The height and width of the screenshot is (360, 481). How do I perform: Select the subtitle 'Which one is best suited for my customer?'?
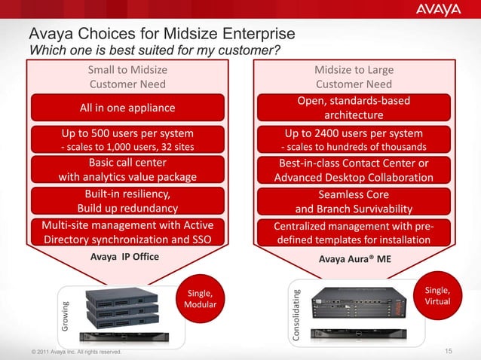(x=155, y=50)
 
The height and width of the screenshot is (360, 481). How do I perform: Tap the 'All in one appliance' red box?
(x=127, y=108)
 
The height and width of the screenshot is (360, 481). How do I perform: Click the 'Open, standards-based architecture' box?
(x=354, y=108)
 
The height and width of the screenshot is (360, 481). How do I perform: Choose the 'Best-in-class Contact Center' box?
(x=354, y=170)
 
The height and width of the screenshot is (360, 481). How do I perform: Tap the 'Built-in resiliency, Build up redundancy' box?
(x=127, y=201)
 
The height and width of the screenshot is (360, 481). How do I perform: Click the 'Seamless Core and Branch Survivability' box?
(x=354, y=201)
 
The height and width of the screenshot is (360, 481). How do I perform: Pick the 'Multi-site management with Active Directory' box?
(x=127, y=233)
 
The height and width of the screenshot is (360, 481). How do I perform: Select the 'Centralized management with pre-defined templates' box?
(x=354, y=233)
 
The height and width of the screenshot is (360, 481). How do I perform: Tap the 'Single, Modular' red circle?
(x=200, y=298)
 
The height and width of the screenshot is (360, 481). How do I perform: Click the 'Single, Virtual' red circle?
(x=438, y=295)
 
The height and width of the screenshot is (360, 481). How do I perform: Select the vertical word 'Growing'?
(x=65, y=316)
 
